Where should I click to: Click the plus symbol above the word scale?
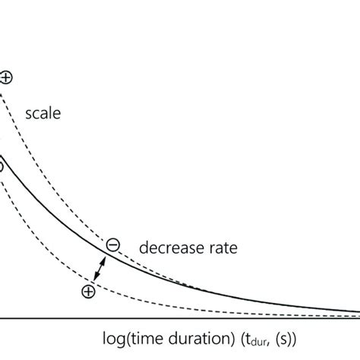pyautogui.click(x=6, y=77)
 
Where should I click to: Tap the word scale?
pyautogui.click(x=45, y=114)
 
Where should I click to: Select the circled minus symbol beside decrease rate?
pyautogui.click(x=112, y=245)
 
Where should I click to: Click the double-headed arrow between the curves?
pyautogui.click(x=98, y=267)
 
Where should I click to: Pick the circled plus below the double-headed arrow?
pyautogui.click(x=89, y=291)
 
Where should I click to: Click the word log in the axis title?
pyautogui.click(x=112, y=336)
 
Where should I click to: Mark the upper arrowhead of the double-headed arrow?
pyautogui.click(x=103, y=257)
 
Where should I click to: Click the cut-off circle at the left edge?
pyautogui.click(x=2, y=166)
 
